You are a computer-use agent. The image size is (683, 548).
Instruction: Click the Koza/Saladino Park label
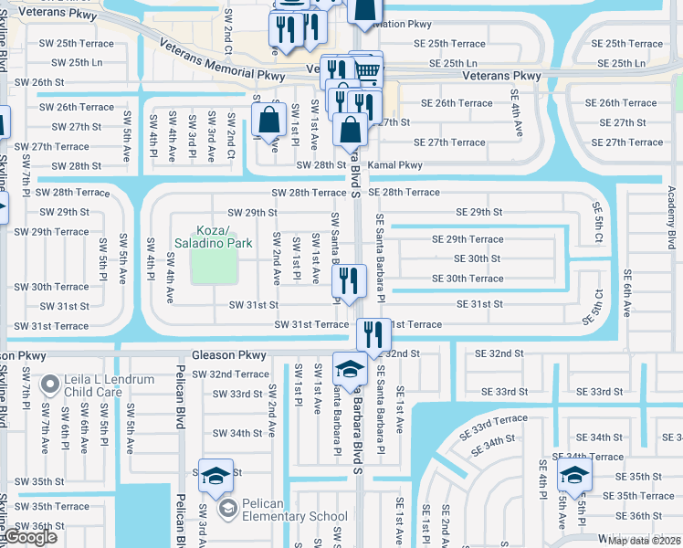213,237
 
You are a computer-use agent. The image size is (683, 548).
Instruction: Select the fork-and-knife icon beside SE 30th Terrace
350,281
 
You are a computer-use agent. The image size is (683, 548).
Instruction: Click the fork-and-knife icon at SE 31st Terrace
373,335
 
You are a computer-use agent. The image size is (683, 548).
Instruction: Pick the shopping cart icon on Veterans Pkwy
366,69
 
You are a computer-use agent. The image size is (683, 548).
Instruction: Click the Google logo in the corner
30,537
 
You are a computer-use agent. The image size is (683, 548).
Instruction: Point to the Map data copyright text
645,540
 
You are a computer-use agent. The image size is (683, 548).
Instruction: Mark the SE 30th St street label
478,258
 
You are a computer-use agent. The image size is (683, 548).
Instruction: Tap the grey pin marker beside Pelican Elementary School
225,508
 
